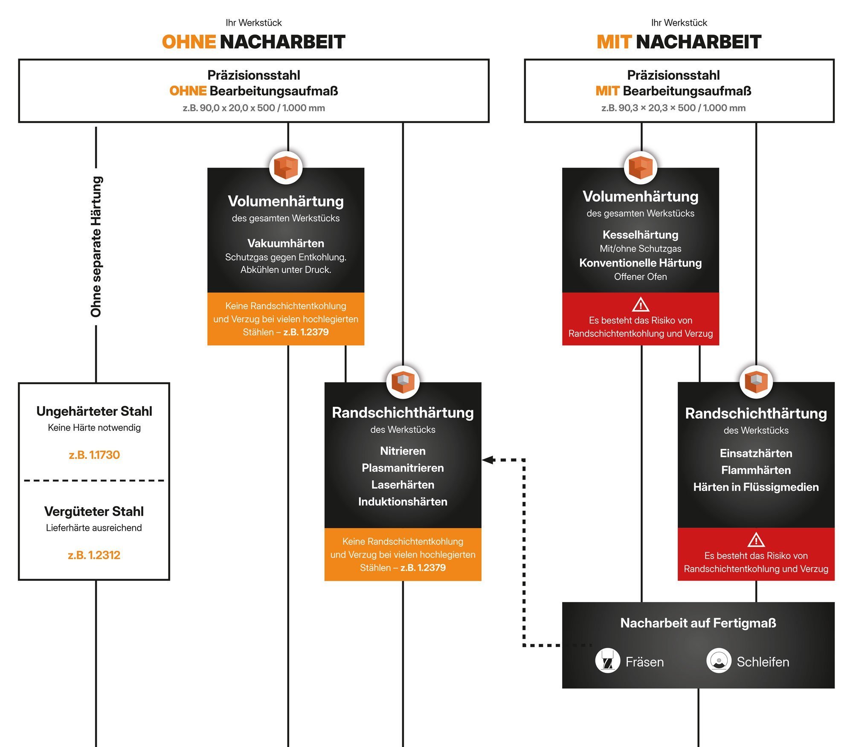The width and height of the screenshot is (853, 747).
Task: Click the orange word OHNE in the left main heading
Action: pyautogui.click(x=189, y=42)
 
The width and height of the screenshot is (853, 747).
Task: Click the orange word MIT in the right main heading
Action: pyautogui.click(x=614, y=42)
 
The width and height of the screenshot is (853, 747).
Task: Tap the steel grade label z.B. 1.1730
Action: pyautogui.click(x=94, y=455)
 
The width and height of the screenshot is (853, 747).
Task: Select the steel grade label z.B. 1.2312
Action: pyautogui.click(x=94, y=555)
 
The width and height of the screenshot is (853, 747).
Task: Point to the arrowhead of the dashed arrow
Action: pyautogui.click(x=488, y=460)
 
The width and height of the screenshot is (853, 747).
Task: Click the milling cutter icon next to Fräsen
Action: pyautogui.click(x=607, y=660)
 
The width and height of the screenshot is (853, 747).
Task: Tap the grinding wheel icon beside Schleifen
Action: pyautogui.click(x=719, y=660)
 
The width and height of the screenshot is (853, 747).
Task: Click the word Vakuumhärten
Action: pyautogui.click(x=286, y=243)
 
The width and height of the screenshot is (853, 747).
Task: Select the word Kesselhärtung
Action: pyautogui.click(x=640, y=235)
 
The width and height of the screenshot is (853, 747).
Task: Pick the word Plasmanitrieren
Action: pyautogui.click(x=403, y=468)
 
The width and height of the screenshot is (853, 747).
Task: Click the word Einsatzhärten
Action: pyautogui.click(x=756, y=453)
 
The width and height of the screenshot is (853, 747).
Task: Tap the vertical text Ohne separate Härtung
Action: pyautogui.click(x=96, y=246)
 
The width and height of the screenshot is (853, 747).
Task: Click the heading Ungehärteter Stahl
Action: pyautogui.click(x=94, y=411)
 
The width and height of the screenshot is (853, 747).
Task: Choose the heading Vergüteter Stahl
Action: pyautogui.click(x=94, y=511)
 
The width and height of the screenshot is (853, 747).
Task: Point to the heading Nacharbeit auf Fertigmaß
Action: pyautogui.click(x=698, y=623)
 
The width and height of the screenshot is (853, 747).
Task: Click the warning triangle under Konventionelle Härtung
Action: pyautogui.click(x=641, y=305)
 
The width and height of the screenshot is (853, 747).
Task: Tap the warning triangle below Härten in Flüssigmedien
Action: pyautogui.click(x=756, y=540)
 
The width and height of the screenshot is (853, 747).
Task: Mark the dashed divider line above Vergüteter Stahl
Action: pyautogui.click(x=94, y=481)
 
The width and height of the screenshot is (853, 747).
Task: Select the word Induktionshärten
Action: pyautogui.click(x=403, y=501)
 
